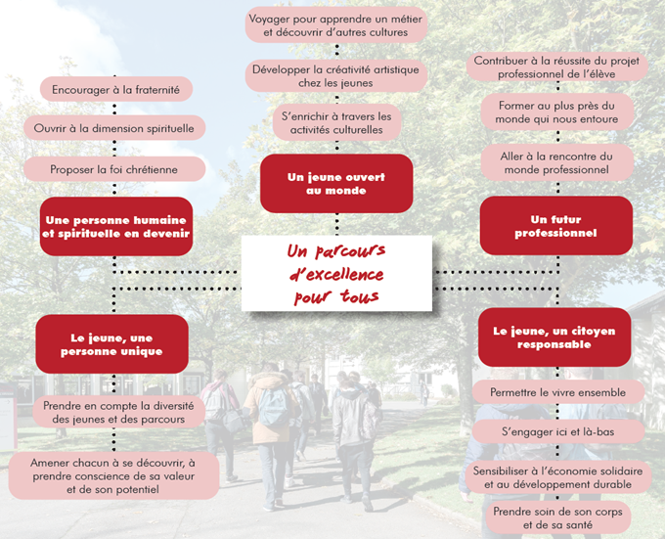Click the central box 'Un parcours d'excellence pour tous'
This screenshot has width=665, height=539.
click(335, 274)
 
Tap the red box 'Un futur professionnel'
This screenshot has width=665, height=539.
click(555, 226)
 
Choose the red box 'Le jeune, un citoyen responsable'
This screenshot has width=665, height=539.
click(554, 337)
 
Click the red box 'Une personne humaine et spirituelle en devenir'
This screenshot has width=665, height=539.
click(115, 227)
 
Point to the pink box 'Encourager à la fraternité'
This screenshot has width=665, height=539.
click(115, 89)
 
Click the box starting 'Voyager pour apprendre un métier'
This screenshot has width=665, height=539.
click(335, 25)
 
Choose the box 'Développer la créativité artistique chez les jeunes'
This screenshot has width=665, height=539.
click(335, 75)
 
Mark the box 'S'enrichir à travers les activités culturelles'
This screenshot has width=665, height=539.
click(335, 122)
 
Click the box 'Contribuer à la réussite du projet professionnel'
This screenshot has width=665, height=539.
click(556, 67)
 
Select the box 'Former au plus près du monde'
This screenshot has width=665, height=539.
click(556, 112)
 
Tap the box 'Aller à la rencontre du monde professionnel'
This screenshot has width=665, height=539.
click(556, 162)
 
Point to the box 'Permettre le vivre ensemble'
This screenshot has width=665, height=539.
click(556, 392)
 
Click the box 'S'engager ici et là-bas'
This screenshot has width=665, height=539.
click(556, 431)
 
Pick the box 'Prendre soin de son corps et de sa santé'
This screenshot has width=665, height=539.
click(556, 517)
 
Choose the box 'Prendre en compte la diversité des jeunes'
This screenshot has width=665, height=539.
click(116, 413)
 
